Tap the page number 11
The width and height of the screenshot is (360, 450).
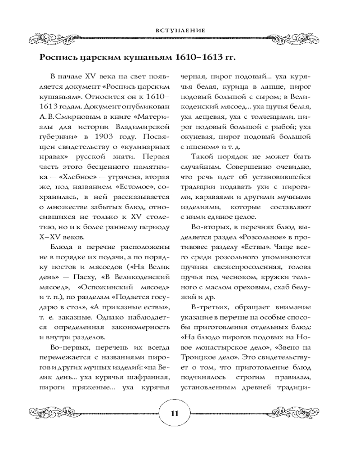coord(175,414)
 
